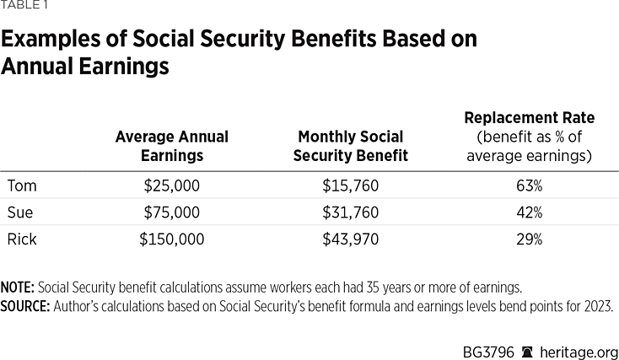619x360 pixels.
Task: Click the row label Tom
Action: tap(22, 185)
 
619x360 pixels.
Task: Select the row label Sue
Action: tap(21, 212)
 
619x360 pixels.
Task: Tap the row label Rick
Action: tap(22, 239)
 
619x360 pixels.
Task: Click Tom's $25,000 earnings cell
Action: tap(171, 185)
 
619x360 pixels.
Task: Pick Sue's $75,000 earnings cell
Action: tap(171, 212)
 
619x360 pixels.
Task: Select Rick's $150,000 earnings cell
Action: tap(171, 239)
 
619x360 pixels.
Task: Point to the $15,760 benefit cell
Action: tap(351, 185)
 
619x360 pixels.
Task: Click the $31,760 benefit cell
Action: tap(351, 212)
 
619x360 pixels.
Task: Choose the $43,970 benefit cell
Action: tap(351, 239)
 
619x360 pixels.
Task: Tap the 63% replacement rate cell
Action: tap(530, 185)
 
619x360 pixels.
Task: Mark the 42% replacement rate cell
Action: tap(530, 212)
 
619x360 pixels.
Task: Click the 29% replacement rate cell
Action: tap(530, 239)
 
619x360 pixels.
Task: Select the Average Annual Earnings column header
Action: tap(171, 146)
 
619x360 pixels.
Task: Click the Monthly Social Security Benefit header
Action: tap(351, 146)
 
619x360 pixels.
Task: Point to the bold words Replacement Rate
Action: tap(530, 118)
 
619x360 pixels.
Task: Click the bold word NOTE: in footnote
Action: tap(17, 288)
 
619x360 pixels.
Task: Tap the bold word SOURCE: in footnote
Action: tap(25, 305)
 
